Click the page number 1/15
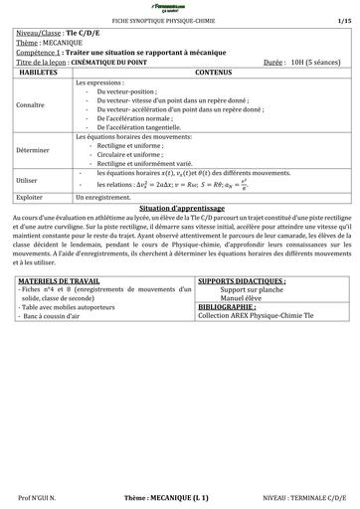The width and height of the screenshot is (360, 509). pyautogui.click(x=343, y=20)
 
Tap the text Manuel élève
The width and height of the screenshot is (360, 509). pyautogui.click(x=245, y=298)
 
